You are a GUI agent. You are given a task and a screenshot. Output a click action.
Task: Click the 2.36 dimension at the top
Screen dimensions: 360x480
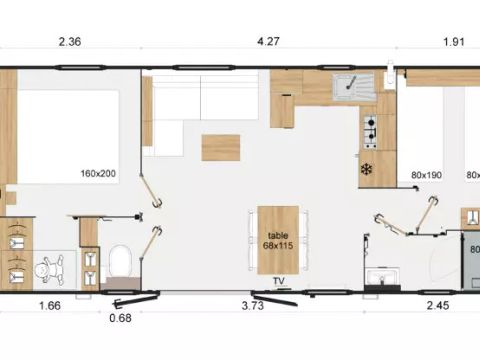pyautogui.click(x=69, y=42)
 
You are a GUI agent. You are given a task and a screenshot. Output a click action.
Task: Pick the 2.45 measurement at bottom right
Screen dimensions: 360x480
pyautogui.click(x=437, y=306)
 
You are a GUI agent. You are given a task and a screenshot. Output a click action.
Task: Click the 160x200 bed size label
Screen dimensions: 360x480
pyautogui.click(x=98, y=173)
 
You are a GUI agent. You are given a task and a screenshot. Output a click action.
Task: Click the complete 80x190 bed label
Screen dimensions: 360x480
pyautogui.click(x=426, y=176)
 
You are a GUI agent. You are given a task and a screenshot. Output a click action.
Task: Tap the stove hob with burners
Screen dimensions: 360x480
pyautogui.click(x=371, y=126)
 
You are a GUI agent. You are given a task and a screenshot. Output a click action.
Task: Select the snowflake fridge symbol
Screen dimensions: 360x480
pyautogui.click(x=368, y=169)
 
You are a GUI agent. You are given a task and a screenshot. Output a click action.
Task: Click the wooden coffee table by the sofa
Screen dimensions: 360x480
pyautogui.click(x=220, y=147)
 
